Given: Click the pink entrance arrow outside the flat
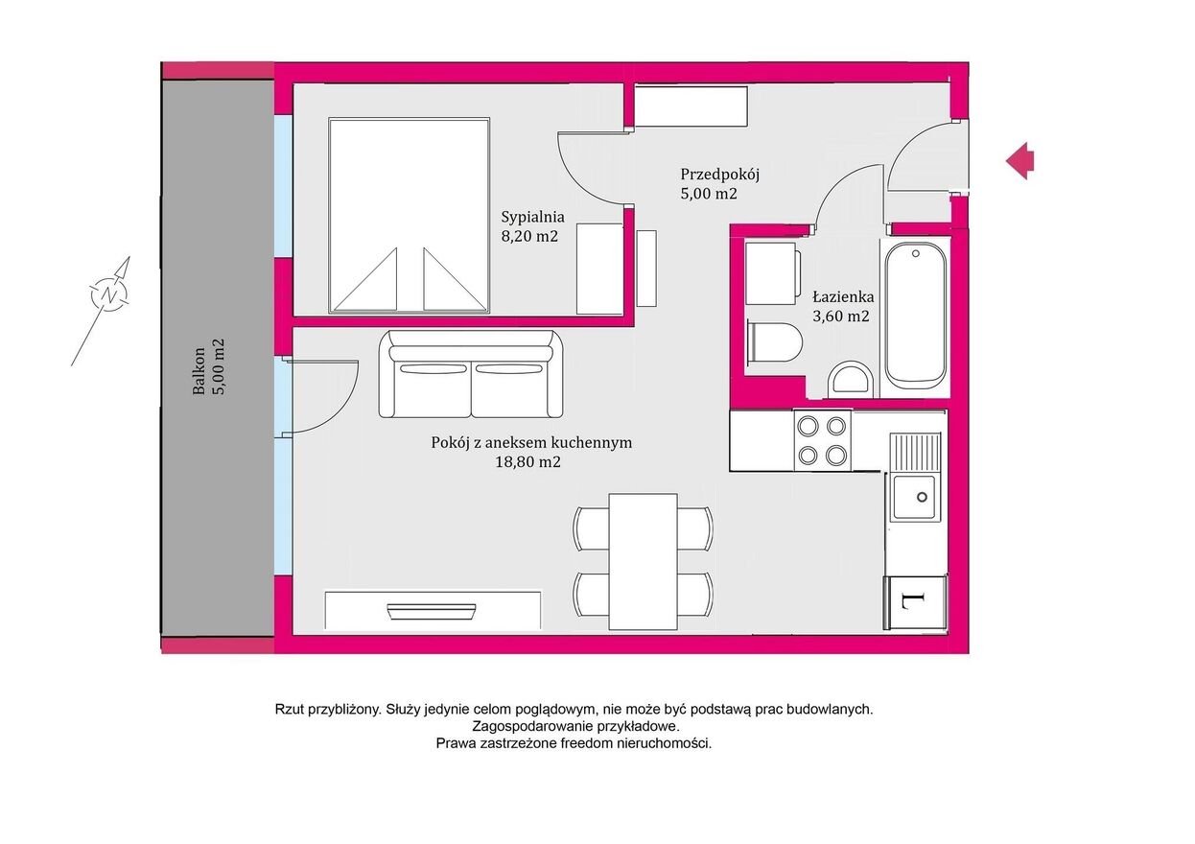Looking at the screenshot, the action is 1019,160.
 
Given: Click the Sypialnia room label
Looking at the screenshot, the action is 532,217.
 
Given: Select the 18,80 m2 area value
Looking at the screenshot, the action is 527,462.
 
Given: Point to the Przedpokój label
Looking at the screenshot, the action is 719,175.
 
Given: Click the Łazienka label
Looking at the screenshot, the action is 843,296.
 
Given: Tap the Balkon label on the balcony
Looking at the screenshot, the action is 199,371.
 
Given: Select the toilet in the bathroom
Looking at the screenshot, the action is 775,341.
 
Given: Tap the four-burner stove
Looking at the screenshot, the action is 822,440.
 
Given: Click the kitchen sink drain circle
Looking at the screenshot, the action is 922,497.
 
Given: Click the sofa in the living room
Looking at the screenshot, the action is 471,374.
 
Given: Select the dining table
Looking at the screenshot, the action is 644,561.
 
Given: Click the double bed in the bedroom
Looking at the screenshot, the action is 410,215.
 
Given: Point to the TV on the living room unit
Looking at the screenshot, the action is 431,611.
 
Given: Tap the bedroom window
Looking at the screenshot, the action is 284,187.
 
